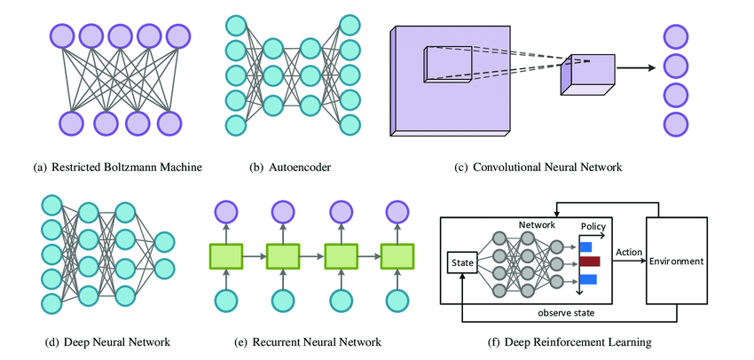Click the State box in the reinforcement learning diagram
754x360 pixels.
click(x=462, y=263)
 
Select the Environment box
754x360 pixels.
click(x=676, y=261)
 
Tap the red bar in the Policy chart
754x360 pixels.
click(x=590, y=262)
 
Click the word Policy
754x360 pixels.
click(x=593, y=226)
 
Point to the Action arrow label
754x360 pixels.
click(x=626, y=253)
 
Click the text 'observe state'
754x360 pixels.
click(x=567, y=313)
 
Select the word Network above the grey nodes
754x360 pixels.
click(x=538, y=224)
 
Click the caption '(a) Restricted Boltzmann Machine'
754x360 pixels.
click(x=118, y=168)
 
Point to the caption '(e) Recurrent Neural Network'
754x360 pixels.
click(x=307, y=342)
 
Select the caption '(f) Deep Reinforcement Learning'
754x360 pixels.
click(x=569, y=342)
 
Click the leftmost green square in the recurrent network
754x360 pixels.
click(x=226, y=256)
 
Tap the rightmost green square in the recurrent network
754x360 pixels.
click(x=397, y=256)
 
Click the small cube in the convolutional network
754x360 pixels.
click(x=587, y=74)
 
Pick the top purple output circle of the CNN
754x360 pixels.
click(x=676, y=37)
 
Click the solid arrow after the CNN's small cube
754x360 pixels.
click(x=636, y=67)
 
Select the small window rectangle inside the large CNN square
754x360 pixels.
click(x=448, y=65)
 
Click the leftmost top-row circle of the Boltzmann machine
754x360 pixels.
click(x=62, y=36)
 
